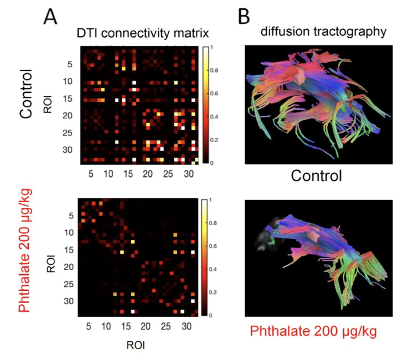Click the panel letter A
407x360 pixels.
point(50,17)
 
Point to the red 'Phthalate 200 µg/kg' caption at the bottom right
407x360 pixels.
point(313,331)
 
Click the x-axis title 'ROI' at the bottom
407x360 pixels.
point(136,345)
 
